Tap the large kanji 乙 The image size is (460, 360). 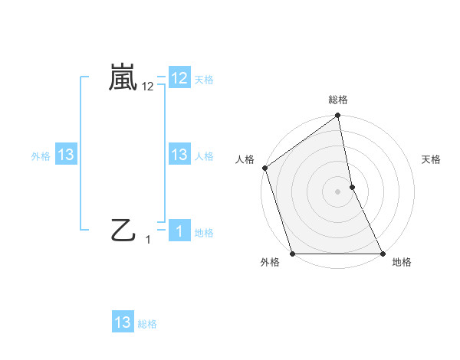pos(123,230)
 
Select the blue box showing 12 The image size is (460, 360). pos(179,78)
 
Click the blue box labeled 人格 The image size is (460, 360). pos(179,155)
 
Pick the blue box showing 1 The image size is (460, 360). pos(179,231)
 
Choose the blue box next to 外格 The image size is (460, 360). pos(66,155)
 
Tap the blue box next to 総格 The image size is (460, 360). pos(123,322)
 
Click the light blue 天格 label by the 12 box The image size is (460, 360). pos(205,80)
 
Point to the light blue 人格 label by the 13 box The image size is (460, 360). pos(205,156)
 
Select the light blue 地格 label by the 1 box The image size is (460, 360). pos(205,233)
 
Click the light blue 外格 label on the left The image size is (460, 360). pos(41,156)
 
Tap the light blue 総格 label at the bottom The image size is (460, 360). pos(147,324)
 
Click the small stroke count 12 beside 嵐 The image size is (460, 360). pos(148,87)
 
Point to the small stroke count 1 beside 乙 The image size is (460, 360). pos(148,240)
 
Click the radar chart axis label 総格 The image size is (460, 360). pos(338,100)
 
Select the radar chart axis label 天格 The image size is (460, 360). pos(432,159)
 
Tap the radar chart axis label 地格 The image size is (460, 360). pos(402,263)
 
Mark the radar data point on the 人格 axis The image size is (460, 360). pos(264,168)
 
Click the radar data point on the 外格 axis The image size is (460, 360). pos(293,254)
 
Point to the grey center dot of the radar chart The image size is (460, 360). pos(338,191)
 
